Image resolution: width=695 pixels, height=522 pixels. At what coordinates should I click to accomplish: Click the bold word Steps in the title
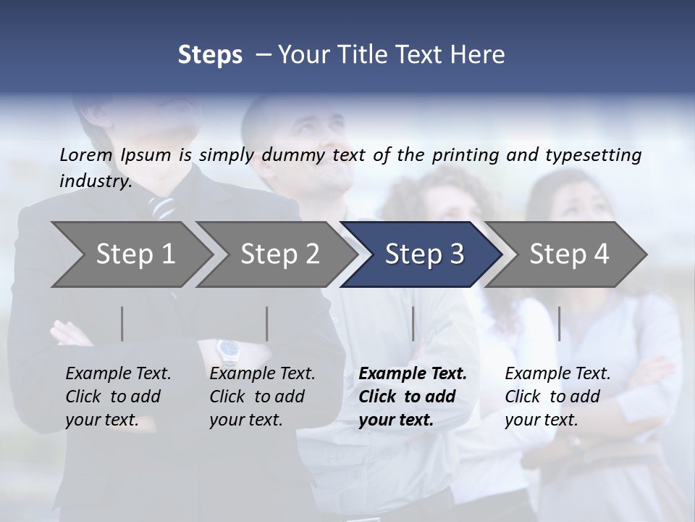coord(210,54)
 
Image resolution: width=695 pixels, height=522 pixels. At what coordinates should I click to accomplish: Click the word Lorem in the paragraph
coord(86,154)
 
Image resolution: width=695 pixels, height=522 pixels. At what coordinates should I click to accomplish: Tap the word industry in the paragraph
coord(96,181)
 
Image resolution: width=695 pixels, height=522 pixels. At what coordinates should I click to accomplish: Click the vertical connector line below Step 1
coord(122,323)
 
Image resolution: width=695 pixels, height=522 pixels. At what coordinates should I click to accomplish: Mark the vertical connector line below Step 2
coord(267,323)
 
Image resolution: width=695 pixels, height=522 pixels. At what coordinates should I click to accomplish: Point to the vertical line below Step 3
coord(413,323)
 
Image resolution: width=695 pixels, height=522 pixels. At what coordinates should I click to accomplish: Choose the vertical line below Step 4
coord(560,323)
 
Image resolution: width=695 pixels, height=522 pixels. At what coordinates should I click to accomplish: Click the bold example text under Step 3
coord(411,397)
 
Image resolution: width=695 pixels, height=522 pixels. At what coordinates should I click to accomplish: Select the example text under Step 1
coord(117,397)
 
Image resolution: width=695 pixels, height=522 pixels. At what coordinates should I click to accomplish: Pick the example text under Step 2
coord(261,397)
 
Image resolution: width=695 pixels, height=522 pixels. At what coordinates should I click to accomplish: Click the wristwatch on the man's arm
coord(229,351)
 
